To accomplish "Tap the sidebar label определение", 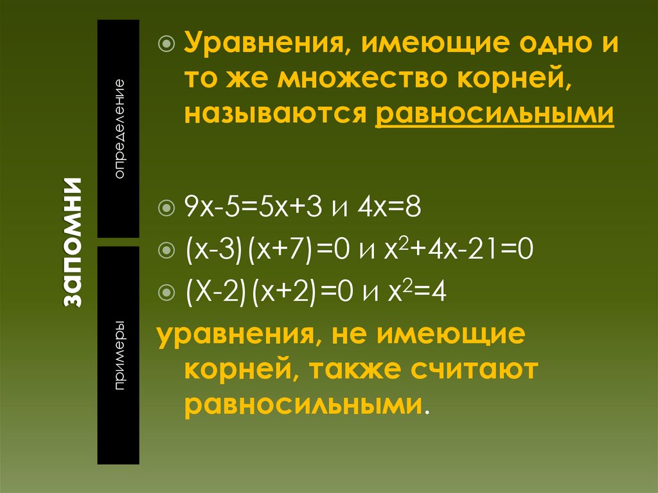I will [x=120, y=129].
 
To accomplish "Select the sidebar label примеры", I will [x=120, y=355].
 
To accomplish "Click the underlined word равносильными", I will [x=494, y=113].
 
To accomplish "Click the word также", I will [x=363, y=370].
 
